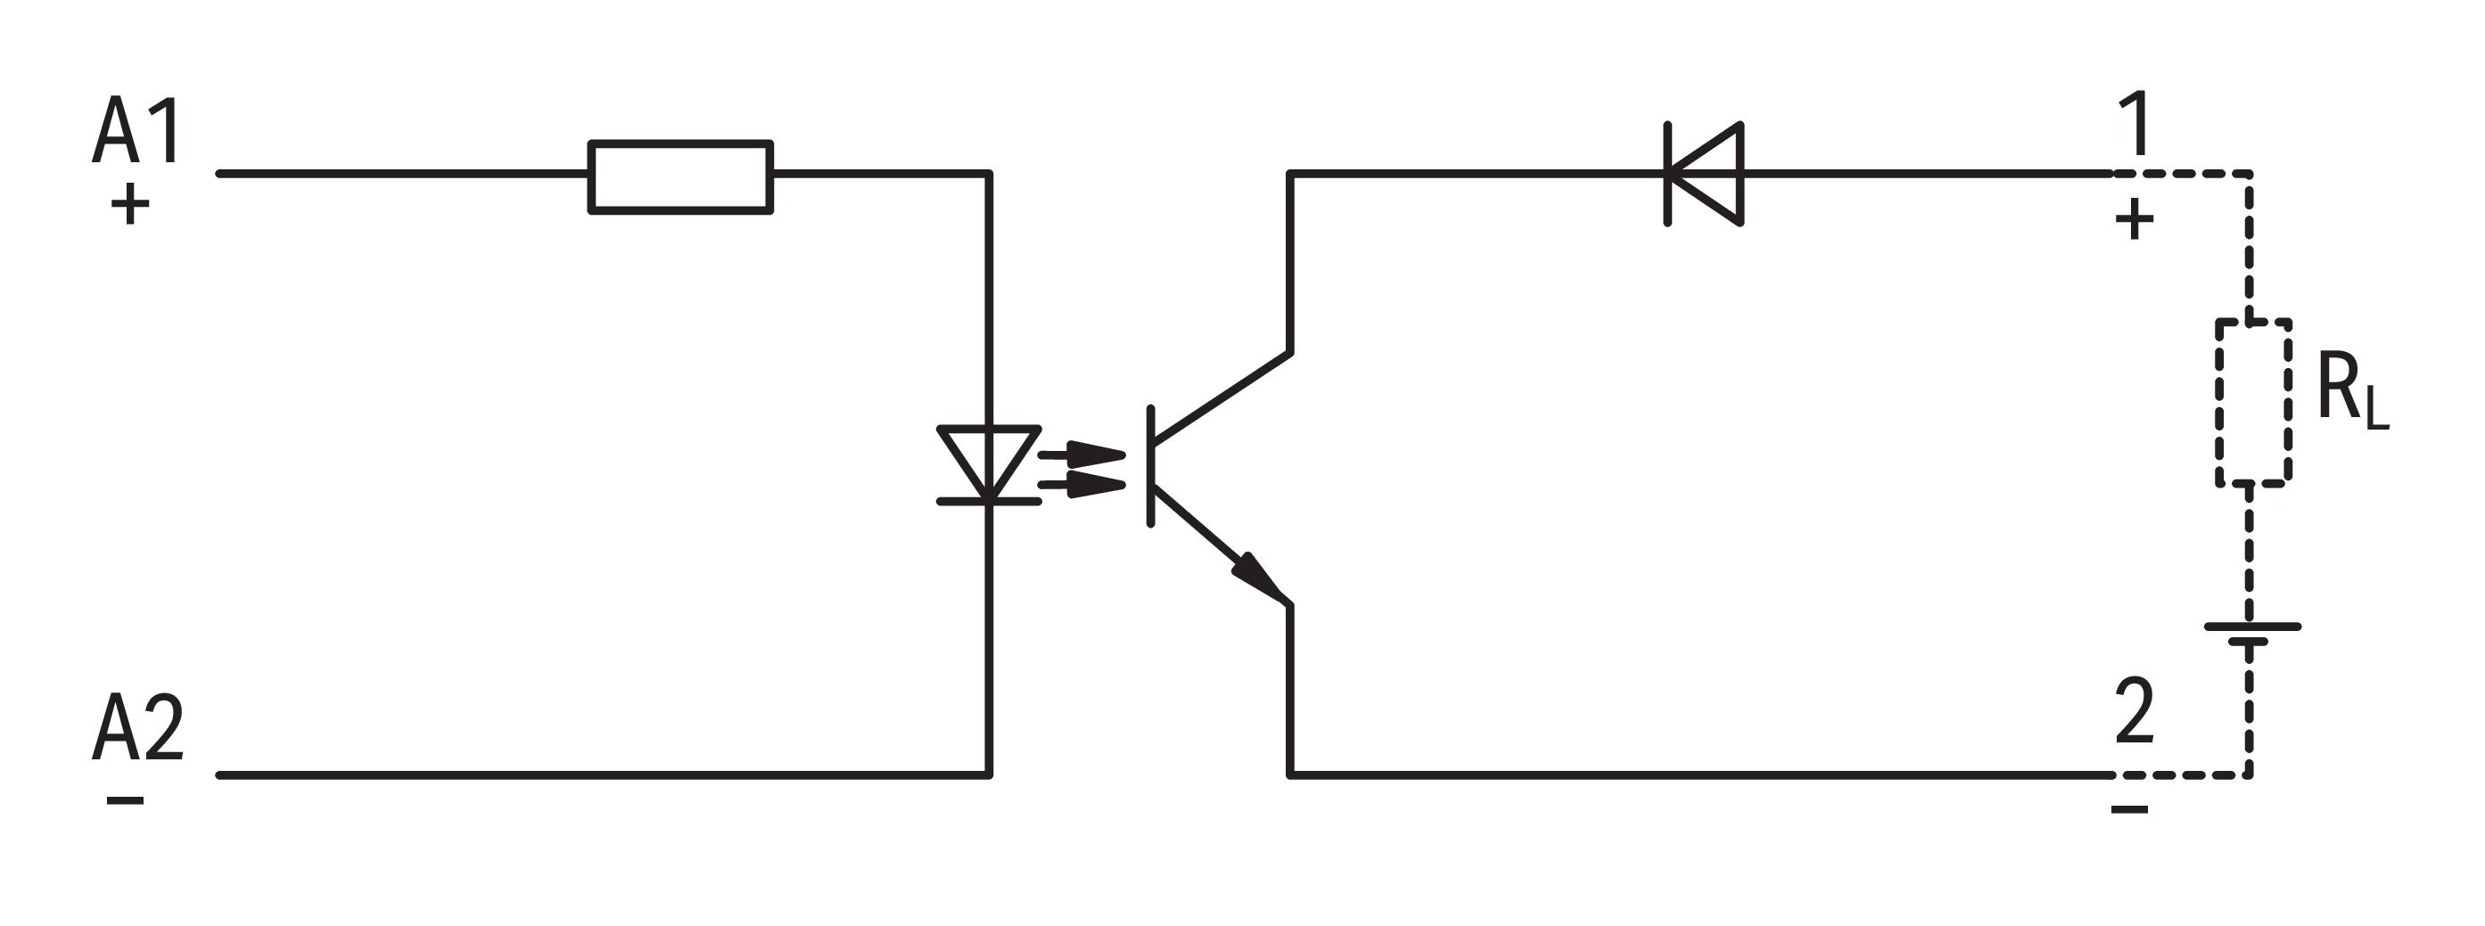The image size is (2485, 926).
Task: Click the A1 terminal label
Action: [136, 131]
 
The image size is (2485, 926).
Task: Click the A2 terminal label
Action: [138, 727]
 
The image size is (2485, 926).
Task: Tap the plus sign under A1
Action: [130, 204]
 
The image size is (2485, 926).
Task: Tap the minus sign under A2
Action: [126, 799]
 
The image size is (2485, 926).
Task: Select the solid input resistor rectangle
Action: [680, 176]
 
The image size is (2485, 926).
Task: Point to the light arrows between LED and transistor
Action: [1082, 469]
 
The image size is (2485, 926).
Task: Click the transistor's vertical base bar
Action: [1151, 467]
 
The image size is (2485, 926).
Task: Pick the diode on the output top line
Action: [1705, 174]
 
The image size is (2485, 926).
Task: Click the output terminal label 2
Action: [2134, 711]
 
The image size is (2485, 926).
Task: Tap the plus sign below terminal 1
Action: [2135, 220]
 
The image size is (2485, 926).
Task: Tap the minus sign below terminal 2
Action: [2130, 808]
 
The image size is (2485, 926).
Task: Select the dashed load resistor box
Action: [2252, 402]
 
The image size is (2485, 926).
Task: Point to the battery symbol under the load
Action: [2251, 634]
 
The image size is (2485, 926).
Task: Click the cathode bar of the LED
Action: [989, 502]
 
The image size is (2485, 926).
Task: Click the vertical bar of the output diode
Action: [1668, 174]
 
